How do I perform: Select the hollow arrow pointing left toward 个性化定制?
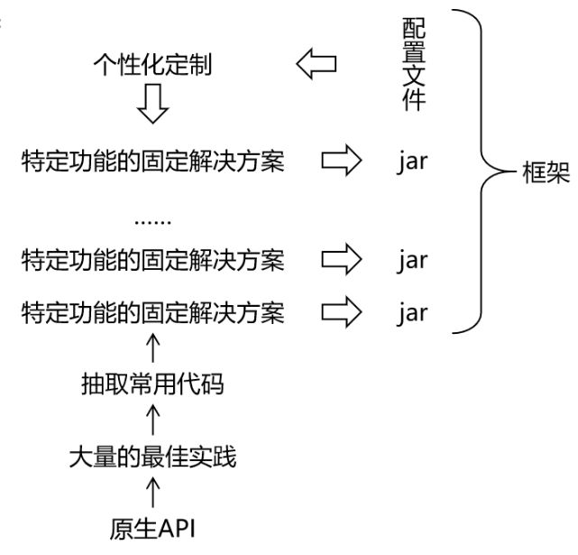[317, 64]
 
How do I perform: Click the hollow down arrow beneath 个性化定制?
[153, 106]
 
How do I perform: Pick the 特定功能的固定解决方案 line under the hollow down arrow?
[153, 162]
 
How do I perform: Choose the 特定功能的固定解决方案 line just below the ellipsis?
[153, 262]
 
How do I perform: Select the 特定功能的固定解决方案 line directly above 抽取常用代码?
[153, 313]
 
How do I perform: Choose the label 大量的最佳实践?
[153, 458]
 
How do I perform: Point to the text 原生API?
[153, 527]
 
